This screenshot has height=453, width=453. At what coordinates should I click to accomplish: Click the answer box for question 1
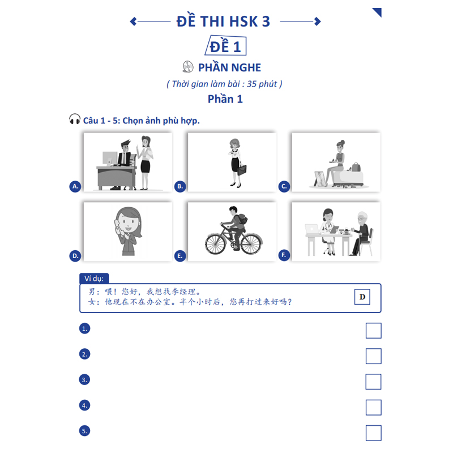click(373, 331)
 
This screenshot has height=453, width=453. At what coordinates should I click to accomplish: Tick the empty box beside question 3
click(373, 382)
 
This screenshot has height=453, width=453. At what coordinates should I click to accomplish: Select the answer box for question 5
click(373, 433)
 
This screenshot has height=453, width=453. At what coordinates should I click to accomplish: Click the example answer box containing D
click(362, 297)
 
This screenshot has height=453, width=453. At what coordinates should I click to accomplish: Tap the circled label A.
click(75, 186)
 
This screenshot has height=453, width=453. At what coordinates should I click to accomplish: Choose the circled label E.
click(180, 256)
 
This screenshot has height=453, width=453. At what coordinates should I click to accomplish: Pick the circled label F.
click(284, 255)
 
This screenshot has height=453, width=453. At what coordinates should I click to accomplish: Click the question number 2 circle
click(84, 354)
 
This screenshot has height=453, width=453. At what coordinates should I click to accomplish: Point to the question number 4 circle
click(84, 405)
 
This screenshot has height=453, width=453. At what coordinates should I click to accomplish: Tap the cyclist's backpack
click(242, 219)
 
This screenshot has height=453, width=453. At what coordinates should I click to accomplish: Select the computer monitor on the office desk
click(109, 159)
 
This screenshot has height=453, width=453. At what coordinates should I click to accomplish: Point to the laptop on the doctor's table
click(312, 229)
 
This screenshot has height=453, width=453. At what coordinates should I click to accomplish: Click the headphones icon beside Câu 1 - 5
click(75, 119)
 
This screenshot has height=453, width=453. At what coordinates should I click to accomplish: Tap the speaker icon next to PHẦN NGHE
click(188, 67)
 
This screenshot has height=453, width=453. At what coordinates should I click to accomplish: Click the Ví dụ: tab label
click(94, 279)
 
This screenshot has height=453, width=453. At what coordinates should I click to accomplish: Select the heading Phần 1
click(225, 99)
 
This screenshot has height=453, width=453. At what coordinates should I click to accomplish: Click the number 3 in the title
click(266, 22)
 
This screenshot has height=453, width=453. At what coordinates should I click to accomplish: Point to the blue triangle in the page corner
click(378, 11)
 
